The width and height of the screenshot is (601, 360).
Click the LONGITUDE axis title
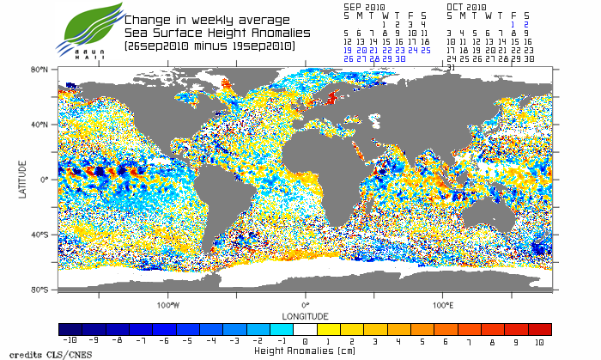305,315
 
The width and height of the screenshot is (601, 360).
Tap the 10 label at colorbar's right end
540,341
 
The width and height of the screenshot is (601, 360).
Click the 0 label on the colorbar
305,341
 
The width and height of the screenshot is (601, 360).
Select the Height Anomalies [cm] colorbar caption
305,351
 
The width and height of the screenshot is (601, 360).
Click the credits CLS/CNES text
35,354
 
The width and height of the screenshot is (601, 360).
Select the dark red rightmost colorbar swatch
540,329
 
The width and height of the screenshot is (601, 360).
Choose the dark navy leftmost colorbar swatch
70,329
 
